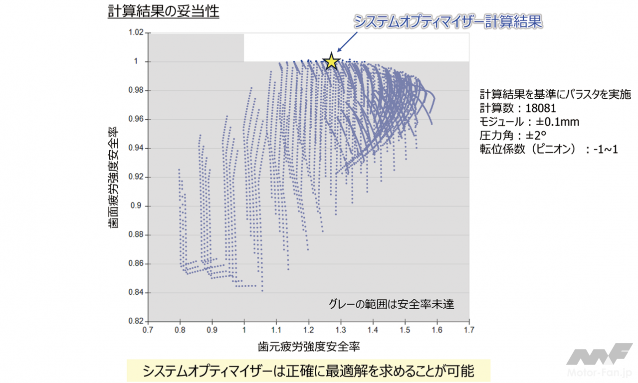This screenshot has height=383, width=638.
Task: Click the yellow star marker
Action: click(x=332, y=62)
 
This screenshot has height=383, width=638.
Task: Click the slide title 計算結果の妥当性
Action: click(x=164, y=11)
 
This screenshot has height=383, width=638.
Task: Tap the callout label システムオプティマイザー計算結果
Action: click(x=447, y=21)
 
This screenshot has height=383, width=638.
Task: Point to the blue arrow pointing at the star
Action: click(x=347, y=41)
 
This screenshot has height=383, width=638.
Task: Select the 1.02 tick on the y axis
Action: click(x=136, y=33)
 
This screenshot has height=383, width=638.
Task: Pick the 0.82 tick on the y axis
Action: click(x=136, y=321)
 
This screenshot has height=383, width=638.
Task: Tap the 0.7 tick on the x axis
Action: click(x=148, y=330)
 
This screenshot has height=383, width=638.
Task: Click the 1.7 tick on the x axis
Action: click(x=469, y=330)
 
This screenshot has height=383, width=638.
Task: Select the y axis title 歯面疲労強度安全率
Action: click(x=113, y=177)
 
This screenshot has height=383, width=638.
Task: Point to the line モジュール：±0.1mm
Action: click(x=529, y=122)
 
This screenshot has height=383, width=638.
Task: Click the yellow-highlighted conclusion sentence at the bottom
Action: click(x=308, y=371)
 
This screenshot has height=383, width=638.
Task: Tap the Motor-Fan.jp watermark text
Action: click(x=600, y=373)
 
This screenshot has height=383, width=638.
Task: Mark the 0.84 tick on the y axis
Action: click(x=136, y=292)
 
